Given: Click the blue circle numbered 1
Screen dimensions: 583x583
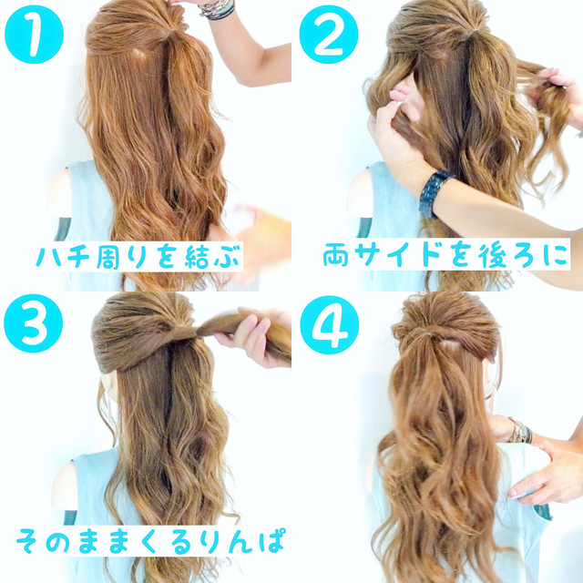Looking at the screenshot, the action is click(x=34, y=35).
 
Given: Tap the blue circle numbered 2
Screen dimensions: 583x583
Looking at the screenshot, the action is click(x=329, y=35).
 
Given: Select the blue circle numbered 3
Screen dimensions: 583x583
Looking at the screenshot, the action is click(x=34, y=323).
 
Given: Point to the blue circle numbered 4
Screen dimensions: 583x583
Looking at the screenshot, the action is click(x=330, y=325).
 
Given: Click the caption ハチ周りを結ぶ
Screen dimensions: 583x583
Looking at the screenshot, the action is click(x=138, y=257).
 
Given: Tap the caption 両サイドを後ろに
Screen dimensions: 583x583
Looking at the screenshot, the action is click(x=445, y=255).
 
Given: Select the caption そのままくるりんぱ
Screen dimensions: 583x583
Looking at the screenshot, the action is click(x=150, y=540).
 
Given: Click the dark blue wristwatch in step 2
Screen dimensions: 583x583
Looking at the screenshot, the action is click(x=435, y=193).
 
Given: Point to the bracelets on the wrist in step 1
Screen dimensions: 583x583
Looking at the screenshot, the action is click(x=218, y=8).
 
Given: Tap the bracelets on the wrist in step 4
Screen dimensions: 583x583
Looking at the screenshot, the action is click(x=520, y=431).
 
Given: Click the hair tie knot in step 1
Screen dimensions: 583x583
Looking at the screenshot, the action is click(x=169, y=34).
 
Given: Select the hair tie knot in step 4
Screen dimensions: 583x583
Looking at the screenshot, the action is click(x=427, y=335).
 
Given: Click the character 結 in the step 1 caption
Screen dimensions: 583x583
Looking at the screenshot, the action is click(x=197, y=257).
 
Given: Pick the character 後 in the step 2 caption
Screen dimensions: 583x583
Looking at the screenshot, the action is click(x=492, y=255).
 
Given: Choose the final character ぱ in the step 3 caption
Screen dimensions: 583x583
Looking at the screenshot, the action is click(x=273, y=540).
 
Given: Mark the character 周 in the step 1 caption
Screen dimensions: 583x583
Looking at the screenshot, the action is click(x=107, y=257).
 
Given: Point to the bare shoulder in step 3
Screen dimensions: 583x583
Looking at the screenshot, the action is click(x=64, y=484).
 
